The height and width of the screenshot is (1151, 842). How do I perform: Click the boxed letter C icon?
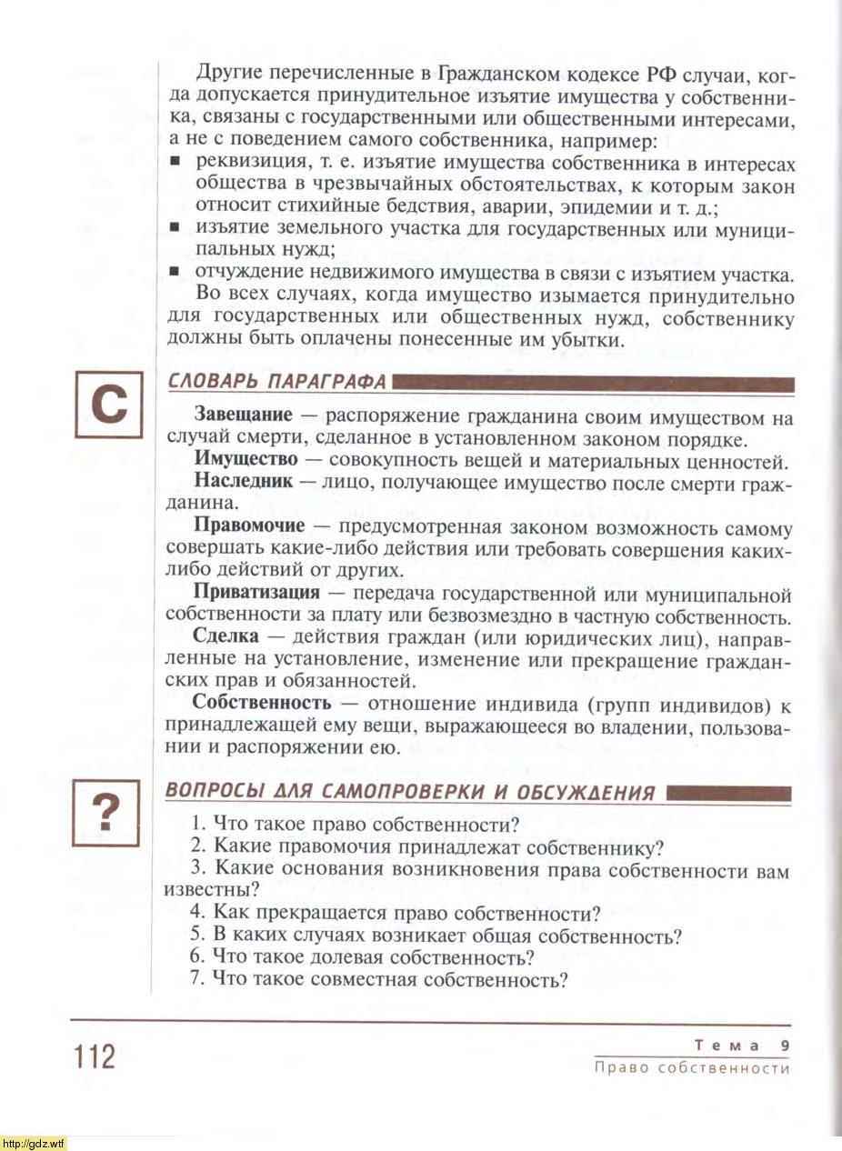point(108,405)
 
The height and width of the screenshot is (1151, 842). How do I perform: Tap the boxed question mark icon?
point(108,813)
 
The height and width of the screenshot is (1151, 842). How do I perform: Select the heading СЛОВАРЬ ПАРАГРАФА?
point(277,381)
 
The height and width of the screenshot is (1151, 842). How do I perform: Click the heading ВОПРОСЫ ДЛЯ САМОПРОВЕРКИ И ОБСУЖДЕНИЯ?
point(412,791)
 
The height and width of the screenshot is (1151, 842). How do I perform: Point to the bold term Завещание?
point(244,416)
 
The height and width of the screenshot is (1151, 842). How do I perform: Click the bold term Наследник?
point(244,482)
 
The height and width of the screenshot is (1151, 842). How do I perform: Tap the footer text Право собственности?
point(691,1068)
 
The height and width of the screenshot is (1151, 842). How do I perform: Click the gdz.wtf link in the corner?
point(34,1143)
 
